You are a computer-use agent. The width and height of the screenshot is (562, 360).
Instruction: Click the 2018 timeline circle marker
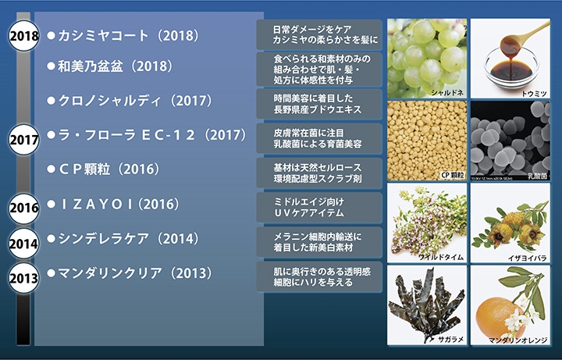23,36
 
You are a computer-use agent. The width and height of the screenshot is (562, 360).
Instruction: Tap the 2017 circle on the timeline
23,140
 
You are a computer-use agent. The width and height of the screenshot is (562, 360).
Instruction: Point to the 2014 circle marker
23,244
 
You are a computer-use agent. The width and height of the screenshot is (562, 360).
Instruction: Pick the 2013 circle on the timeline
23,278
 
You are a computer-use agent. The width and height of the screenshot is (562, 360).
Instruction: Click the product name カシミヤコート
103,35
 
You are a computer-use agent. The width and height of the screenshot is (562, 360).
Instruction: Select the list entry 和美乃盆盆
91,66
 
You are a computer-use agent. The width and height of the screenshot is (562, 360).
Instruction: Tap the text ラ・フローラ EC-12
126,135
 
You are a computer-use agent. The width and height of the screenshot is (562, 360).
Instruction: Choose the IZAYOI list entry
96,204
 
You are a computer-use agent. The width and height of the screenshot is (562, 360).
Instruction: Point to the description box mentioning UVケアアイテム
319,207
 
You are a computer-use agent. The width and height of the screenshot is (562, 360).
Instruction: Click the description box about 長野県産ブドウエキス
319,104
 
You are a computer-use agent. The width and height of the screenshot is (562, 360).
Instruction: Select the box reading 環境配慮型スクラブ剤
319,173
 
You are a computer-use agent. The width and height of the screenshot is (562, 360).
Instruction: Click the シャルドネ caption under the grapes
447,92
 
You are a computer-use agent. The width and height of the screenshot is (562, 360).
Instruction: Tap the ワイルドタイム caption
441,257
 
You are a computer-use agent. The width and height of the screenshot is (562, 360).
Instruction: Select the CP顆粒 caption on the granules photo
452,175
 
